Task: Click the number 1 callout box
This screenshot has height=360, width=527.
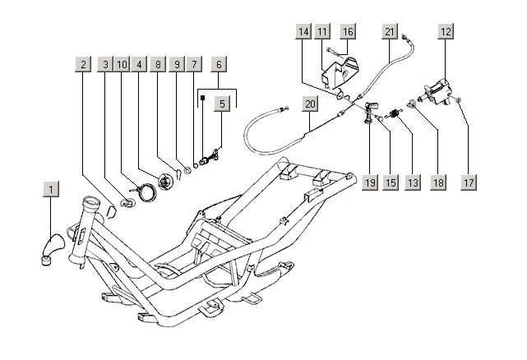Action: pos(51,189)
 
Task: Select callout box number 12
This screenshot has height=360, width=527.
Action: pos(446,31)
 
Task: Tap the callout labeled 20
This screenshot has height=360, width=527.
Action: pos(310,104)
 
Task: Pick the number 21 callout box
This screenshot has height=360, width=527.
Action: pos(390,31)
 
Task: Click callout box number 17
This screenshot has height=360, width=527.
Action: pos(469,182)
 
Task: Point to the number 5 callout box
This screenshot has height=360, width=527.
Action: pos(222,104)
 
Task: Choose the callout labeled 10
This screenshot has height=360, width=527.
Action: pos(122,64)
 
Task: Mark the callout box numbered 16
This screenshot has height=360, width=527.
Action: pos(348,31)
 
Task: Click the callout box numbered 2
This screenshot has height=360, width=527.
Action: pos(83,64)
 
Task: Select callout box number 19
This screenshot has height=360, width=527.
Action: pos(370,182)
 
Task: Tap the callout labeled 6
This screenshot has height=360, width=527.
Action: pos(219,64)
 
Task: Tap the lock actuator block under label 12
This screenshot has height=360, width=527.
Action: pos(437,91)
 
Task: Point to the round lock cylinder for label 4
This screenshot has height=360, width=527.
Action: pos(165,182)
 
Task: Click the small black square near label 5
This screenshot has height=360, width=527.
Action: pos(203,98)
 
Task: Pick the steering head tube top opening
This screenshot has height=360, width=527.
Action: pos(92,202)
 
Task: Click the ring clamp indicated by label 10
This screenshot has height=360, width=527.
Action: pos(147,193)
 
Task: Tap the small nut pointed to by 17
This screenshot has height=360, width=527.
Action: pos(459,99)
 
